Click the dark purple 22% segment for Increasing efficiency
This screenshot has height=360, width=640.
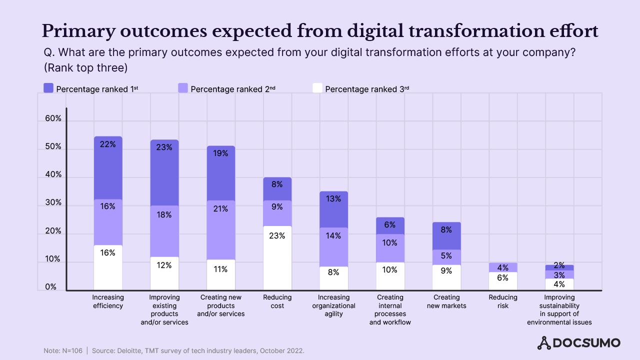[108, 167]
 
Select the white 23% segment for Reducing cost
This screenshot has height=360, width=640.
[277, 258]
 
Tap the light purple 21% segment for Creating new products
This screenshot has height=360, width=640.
[220, 230]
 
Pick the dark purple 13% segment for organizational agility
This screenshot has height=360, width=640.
[333, 209]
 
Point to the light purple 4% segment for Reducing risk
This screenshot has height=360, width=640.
[503, 267]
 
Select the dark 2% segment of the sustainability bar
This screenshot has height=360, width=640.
[559, 267]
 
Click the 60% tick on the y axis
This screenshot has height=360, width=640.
[53, 119]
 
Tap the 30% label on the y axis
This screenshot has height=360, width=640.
[53, 203]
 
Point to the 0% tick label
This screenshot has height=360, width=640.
[51, 287]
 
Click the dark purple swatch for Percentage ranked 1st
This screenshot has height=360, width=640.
[49, 88]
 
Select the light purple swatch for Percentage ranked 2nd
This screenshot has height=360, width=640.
[183, 88]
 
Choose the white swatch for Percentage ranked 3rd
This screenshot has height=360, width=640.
[317, 88]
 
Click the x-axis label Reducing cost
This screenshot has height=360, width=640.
[277, 301]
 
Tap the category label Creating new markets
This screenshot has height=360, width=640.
[446, 301]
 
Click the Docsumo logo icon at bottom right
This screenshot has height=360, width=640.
[543, 343]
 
